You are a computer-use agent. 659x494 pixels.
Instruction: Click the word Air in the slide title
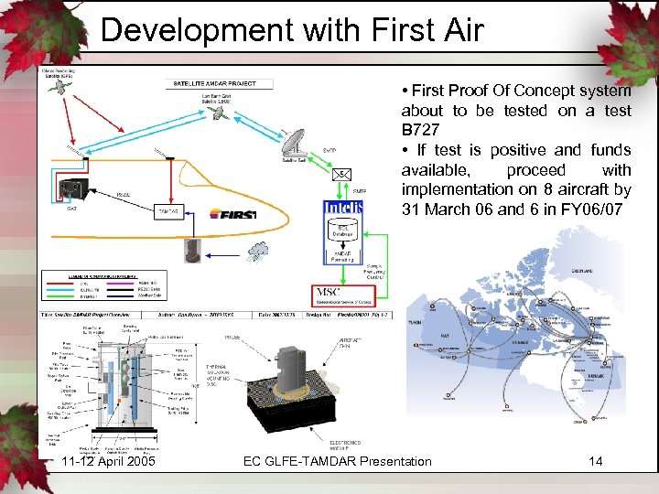tap(455, 30)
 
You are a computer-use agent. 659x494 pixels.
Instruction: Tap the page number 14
tap(595, 461)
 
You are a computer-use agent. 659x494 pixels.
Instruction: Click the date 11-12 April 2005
tap(103, 461)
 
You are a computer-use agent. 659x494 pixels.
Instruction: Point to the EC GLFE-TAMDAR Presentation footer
tap(337, 461)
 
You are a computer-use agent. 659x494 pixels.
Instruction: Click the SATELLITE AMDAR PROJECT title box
tap(215, 83)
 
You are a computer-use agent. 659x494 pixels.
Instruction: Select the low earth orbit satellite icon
tap(217, 113)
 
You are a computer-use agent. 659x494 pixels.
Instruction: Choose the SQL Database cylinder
tap(343, 232)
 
